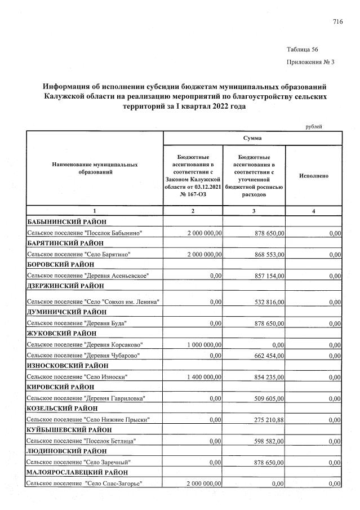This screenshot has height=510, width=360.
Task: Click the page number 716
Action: pyautogui.click(x=337, y=22)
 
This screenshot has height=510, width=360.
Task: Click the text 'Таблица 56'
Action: pyautogui.click(x=303, y=50)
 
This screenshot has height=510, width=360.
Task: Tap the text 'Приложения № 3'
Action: pyautogui.click(x=310, y=62)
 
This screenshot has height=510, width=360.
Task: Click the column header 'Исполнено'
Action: pyautogui.click(x=314, y=176)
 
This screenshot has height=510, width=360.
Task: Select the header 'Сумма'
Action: pyautogui.click(x=253, y=138)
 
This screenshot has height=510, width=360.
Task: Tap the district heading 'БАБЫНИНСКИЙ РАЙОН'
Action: pyautogui.click(x=67, y=221)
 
